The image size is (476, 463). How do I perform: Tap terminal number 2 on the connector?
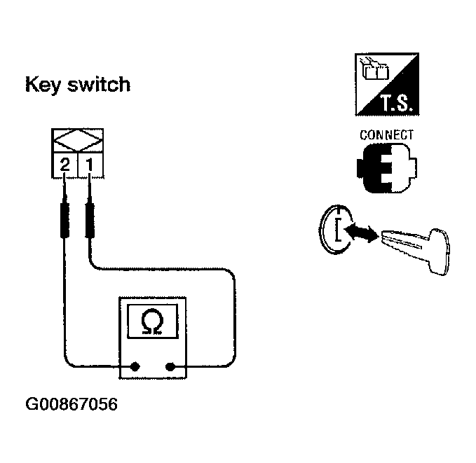[x=64, y=166]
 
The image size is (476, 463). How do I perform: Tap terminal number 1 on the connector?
[x=90, y=166]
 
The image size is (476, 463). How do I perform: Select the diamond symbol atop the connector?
[x=78, y=141]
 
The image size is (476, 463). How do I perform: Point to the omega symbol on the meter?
[x=151, y=323]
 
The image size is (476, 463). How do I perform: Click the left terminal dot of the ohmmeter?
[x=136, y=366]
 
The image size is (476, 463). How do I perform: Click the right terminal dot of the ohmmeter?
[x=170, y=366]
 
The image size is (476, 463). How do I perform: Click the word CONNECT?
[x=386, y=134]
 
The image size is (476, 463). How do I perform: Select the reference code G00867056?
[x=72, y=406]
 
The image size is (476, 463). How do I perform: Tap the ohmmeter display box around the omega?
[x=151, y=324]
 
